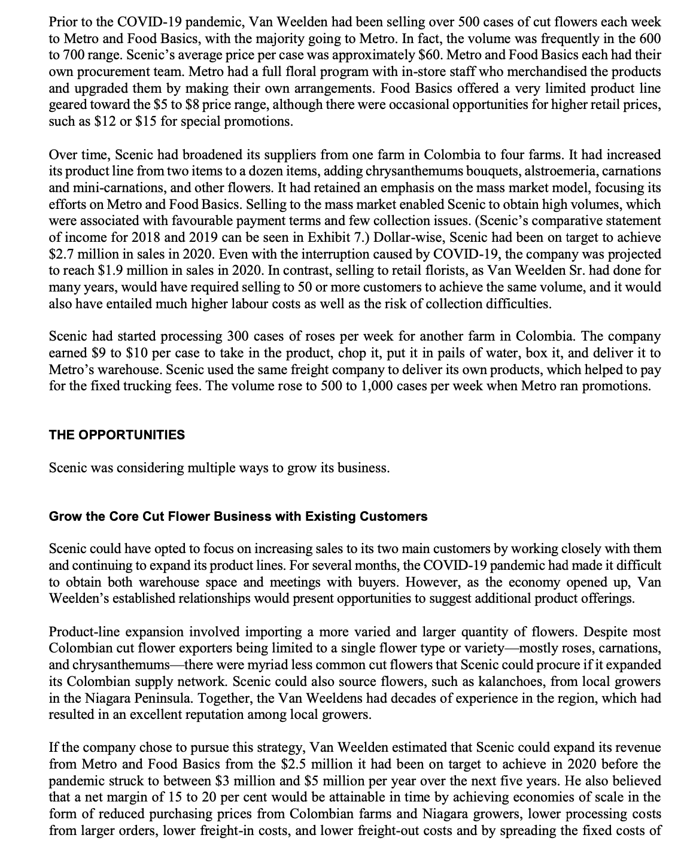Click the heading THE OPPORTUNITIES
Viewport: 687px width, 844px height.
pos(117,435)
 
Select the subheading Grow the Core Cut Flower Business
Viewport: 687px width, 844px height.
pos(238,517)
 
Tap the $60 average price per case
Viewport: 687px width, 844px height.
pos(375,55)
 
